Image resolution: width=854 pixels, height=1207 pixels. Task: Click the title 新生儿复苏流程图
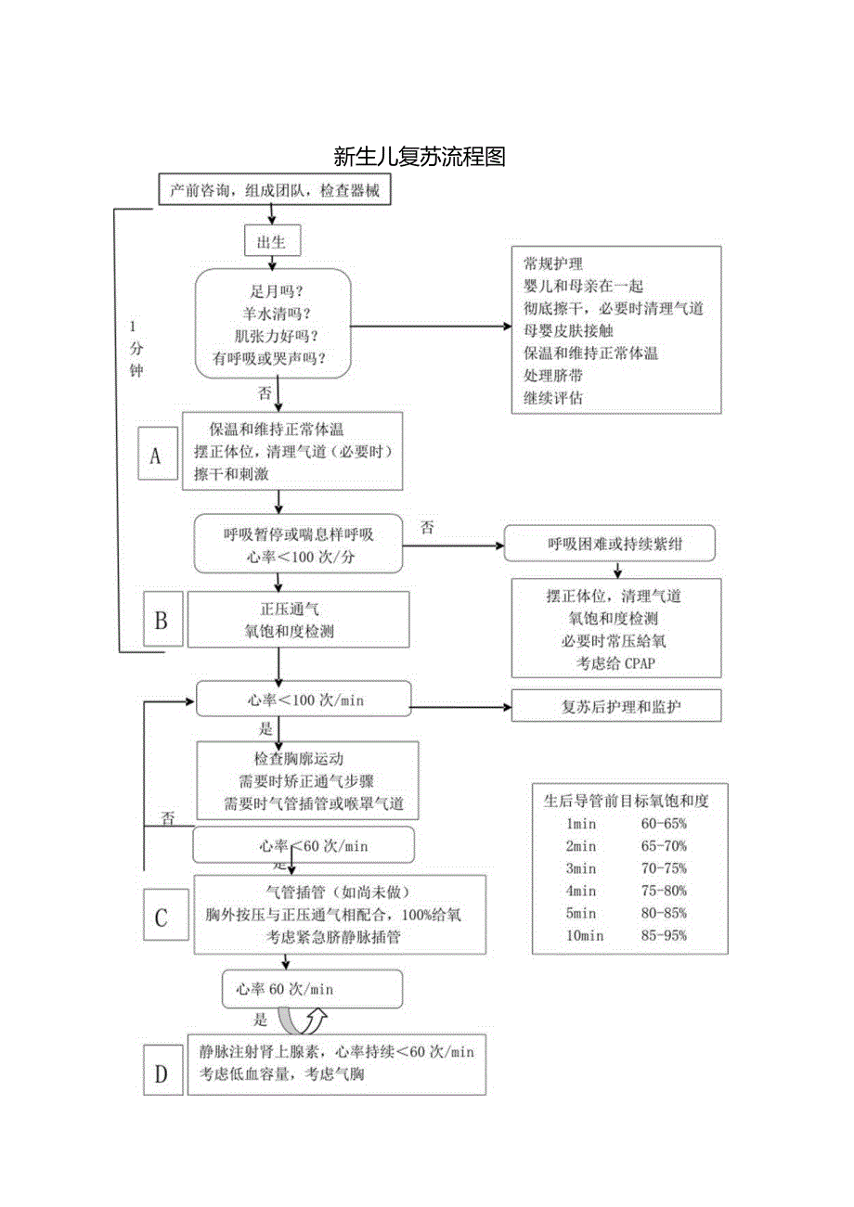419,156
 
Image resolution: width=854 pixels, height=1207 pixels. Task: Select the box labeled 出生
272,242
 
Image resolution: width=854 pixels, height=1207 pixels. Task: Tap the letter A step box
156,454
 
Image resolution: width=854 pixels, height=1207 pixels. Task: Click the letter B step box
161,620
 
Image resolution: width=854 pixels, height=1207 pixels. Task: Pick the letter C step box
161,918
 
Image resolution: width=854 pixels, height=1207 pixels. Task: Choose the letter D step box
161,1074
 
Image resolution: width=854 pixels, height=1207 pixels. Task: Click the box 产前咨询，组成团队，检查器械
275,190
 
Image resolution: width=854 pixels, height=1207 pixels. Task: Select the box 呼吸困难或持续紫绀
609,544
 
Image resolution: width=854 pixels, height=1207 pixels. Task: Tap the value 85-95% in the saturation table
664,936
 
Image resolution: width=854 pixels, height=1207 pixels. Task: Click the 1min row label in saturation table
581,824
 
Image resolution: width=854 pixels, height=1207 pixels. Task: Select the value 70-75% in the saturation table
664,868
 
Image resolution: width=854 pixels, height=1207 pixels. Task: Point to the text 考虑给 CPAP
615,662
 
